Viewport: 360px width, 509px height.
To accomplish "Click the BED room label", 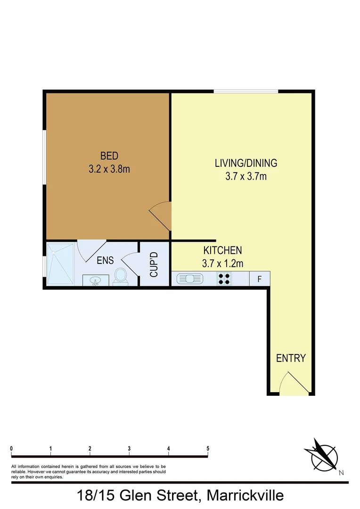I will (109, 156).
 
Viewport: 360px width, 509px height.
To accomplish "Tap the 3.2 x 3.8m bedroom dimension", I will (109, 168).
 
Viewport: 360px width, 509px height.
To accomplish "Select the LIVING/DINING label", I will (246, 164).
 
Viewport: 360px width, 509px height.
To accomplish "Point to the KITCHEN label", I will (222, 251).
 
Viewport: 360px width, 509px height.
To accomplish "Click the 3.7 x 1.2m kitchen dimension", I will (222, 263).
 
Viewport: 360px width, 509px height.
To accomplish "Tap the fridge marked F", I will (259, 279).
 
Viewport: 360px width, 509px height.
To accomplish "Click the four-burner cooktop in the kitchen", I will (224, 279).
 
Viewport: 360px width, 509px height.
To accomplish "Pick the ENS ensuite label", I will (105, 261).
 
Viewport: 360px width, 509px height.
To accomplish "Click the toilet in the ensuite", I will (121, 277).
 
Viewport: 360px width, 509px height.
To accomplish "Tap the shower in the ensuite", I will (60, 263).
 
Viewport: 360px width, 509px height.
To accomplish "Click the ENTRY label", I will (291, 358).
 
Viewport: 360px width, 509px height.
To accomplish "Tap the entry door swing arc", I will (295, 382).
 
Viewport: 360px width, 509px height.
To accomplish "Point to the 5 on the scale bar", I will (208, 448).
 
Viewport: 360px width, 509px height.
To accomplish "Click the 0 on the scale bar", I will (11, 448).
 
